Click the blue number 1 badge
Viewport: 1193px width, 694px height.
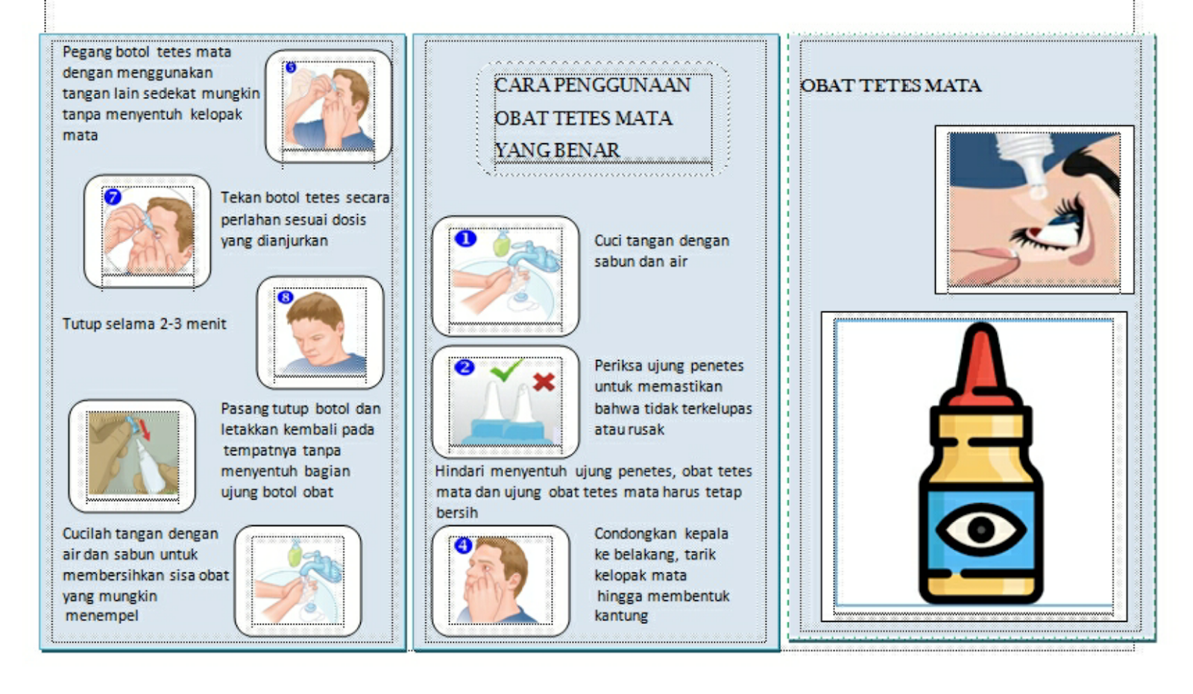pyautogui.click(x=465, y=239)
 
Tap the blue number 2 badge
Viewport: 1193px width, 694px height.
pyautogui.click(x=465, y=367)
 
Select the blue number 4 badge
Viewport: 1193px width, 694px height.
pyautogui.click(x=463, y=545)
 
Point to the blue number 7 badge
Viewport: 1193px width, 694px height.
pyautogui.click(x=113, y=197)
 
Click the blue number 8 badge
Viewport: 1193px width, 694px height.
pyautogui.click(x=285, y=297)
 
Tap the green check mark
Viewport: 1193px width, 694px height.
pyautogui.click(x=506, y=370)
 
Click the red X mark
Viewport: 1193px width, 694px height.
pyautogui.click(x=544, y=382)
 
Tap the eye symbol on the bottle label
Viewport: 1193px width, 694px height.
pyautogui.click(x=980, y=530)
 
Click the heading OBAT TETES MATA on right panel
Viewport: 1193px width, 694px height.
pyautogui.click(x=890, y=86)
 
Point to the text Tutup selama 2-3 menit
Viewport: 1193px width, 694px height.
pyautogui.click(x=144, y=324)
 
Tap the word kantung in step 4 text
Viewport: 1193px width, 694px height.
pyautogui.click(x=620, y=616)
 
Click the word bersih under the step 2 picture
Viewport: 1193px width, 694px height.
pyautogui.click(x=456, y=513)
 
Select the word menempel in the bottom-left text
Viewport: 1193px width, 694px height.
pyautogui.click(x=101, y=616)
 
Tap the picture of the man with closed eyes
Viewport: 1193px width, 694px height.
pyautogui.click(x=320, y=333)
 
